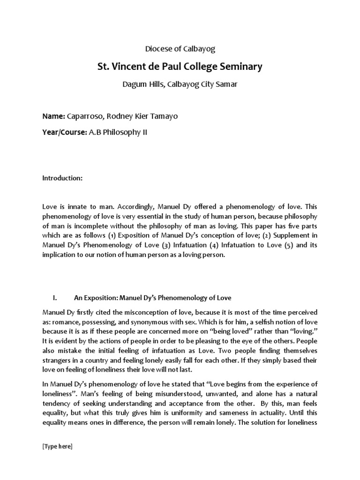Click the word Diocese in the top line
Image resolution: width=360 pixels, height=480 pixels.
(156, 48)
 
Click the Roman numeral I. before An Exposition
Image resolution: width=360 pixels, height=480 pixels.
(55, 298)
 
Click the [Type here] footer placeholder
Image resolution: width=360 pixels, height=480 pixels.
(58, 447)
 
